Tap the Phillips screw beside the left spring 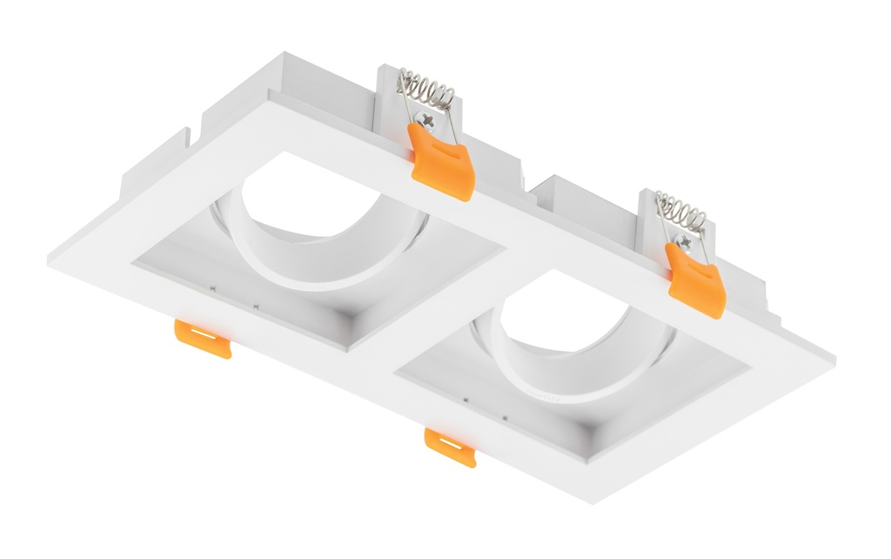(425, 118)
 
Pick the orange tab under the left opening (203, 338)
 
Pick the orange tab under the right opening (450, 446)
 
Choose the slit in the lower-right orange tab (450, 441)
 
